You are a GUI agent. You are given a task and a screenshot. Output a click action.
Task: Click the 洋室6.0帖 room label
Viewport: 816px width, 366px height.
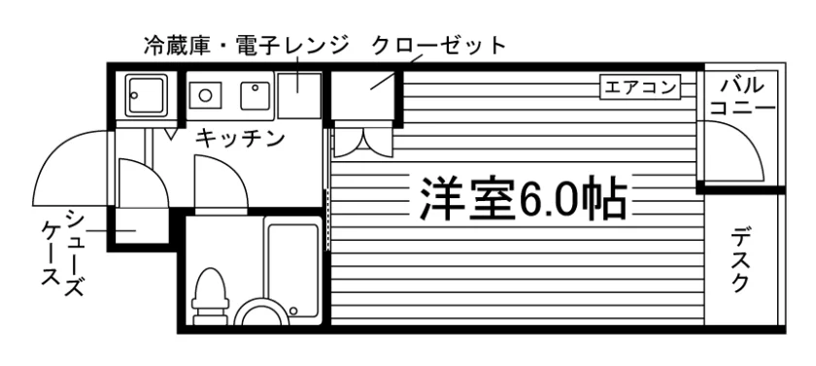coord(523,198)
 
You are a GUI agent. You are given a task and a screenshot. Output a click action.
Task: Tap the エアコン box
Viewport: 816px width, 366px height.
coord(640,87)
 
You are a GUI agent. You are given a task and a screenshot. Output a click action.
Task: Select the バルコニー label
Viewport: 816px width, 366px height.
coord(742,97)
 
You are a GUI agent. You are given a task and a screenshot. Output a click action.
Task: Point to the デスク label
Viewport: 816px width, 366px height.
coord(740,261)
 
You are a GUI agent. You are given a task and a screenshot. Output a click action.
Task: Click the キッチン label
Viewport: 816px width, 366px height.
coord(241,138)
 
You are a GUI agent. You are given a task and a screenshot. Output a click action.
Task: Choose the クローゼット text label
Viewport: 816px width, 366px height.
coord(439,46)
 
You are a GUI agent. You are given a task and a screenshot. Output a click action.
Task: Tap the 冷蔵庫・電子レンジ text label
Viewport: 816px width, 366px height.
coord(246,46)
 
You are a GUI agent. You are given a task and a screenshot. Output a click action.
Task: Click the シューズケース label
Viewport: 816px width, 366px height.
coord(63,253)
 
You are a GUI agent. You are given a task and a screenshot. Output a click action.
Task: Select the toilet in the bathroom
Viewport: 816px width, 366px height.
coord(210,296)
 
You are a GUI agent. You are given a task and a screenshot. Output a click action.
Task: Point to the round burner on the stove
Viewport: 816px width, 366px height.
coord(205,95)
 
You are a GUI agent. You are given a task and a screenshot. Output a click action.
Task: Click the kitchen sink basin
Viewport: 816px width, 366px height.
coord(255,96)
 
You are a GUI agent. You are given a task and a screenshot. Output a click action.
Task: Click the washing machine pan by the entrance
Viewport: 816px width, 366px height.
coord(147,94)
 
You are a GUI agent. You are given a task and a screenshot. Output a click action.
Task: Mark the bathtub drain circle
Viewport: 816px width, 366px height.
coord(293,311)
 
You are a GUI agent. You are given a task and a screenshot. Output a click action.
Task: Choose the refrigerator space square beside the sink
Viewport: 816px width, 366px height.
coord(299,96)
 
